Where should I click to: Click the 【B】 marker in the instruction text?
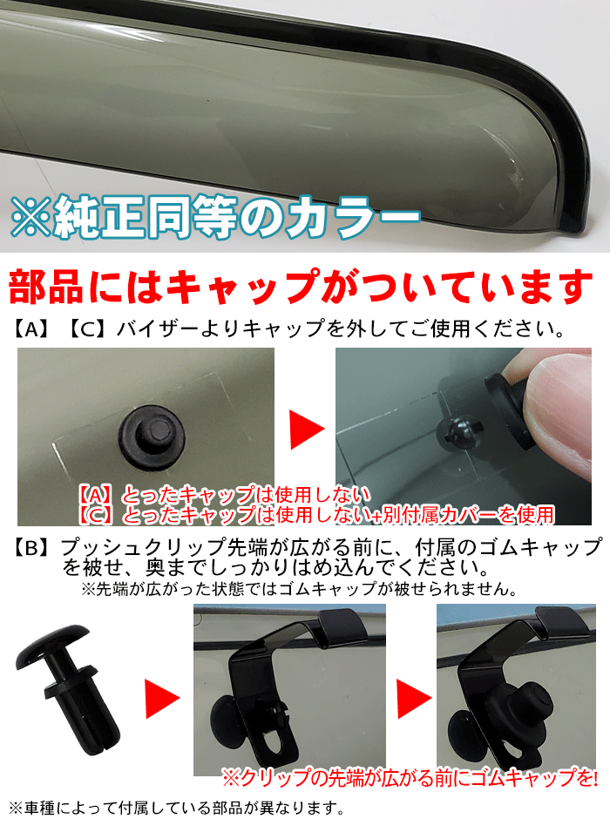point(33,548)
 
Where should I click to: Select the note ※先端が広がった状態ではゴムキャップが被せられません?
point(301,589)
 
